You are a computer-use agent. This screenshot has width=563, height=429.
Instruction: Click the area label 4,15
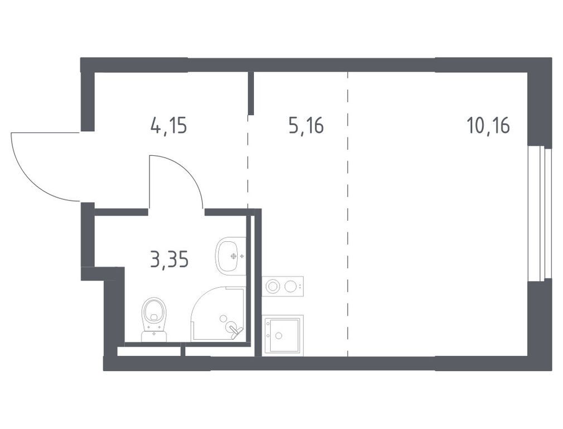[x=168, y=126]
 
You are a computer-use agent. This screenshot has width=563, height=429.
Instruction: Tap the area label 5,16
[x=306, y=126]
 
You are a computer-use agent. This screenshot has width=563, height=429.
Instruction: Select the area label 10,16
[x=488, y=126]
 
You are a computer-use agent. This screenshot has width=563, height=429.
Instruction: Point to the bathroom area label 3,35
[x=169, y=260]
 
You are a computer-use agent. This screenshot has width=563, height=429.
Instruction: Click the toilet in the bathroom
[x=154, y=316]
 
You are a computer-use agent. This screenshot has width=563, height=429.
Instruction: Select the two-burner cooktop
[x=283, y=287]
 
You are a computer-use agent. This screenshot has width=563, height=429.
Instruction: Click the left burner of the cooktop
[x=273, y=287]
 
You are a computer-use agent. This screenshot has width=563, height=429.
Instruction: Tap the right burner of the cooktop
[x=290, y=287]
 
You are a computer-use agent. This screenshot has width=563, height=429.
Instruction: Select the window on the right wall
[x=540, y=213]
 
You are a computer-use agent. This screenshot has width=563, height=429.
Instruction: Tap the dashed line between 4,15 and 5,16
[x=248, y=162]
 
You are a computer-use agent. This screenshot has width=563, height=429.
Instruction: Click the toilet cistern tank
[x=154, y=336]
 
